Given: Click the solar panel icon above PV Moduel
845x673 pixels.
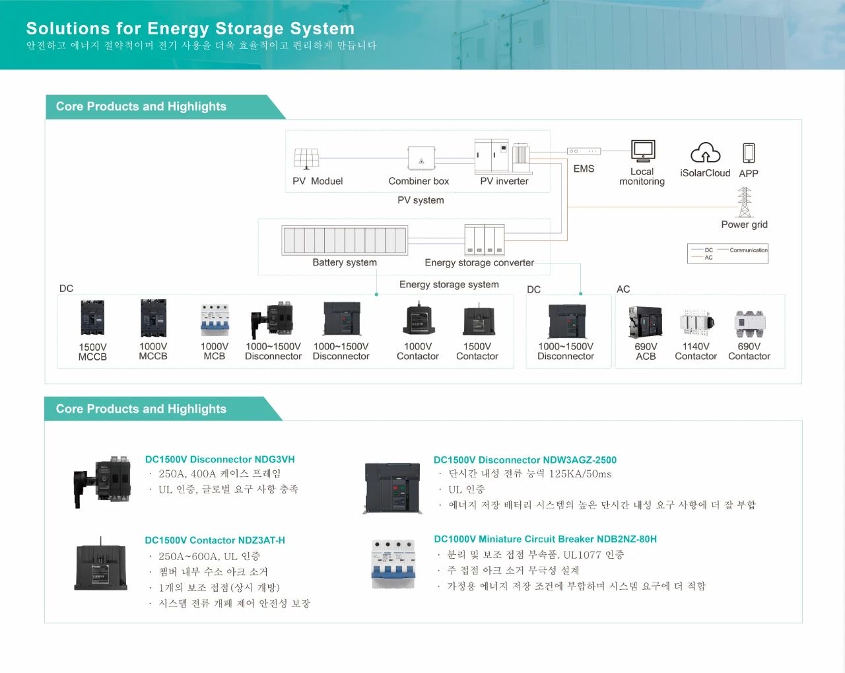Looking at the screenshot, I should point(306,159).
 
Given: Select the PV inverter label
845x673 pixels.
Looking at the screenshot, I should point(504,181).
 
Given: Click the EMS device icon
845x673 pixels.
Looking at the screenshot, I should point(584,151).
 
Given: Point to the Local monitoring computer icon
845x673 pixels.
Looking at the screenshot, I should point(642,151).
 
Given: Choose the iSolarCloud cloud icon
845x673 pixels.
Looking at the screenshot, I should point(705,153).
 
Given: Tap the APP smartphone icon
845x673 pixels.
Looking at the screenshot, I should point(749,153).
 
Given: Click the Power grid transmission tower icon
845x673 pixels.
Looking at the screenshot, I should point(745,202).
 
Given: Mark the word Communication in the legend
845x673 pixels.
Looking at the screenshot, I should point(749,250).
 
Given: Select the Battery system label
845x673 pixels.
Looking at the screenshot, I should point(345,262).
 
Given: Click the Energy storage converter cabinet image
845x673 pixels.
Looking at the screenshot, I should point(485,240).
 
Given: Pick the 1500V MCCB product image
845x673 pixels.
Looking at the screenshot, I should point(92,318).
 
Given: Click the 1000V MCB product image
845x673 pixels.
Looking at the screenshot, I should point(215,320).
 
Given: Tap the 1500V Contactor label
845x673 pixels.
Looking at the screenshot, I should point(477,351).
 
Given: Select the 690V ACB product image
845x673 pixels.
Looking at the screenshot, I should point(646,322).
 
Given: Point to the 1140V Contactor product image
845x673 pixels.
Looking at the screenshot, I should point(696,322).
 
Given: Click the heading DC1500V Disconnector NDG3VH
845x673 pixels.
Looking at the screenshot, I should point(220,460).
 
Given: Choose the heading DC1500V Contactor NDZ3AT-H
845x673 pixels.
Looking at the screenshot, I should point(215,540).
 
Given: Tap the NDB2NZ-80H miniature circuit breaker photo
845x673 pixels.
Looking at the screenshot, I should point(393,563).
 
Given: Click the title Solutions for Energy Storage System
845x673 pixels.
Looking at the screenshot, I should point(190,28).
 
